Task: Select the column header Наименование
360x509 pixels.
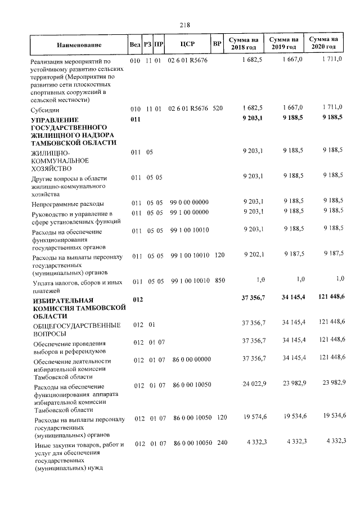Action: click(x=79, y=44)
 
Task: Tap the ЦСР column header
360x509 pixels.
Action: click(x=187, y=44)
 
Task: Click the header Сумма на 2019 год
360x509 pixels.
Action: click(x=283, y=44)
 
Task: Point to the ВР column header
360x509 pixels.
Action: click(x=217, y=44)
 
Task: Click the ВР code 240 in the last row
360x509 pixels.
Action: click(x=222, y=443)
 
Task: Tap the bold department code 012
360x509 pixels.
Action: click(x=138, y=300)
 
